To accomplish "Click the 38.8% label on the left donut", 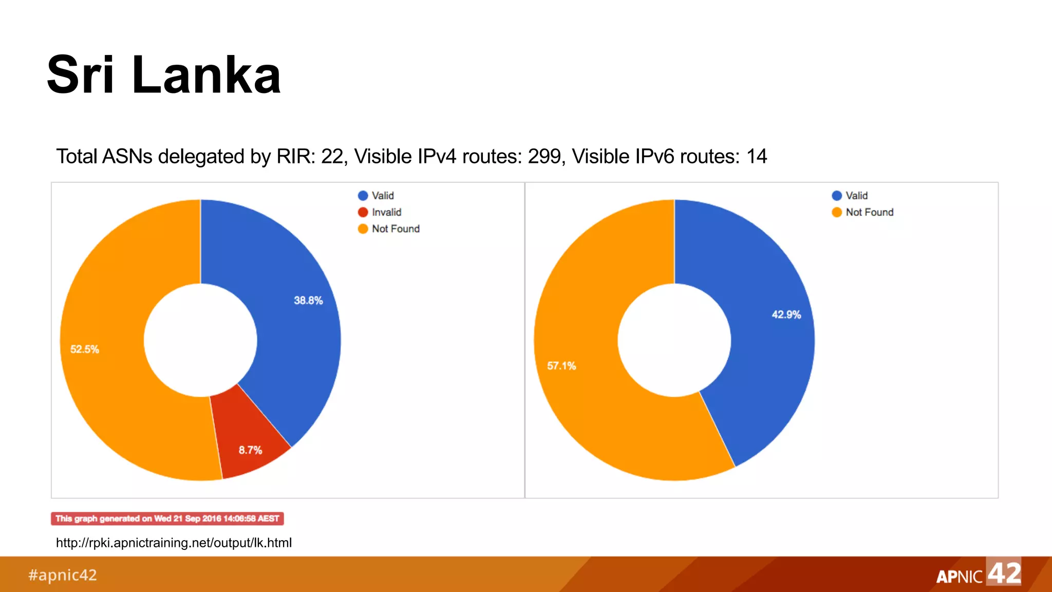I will (x=308, y=301).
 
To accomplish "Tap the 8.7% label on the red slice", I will (x=250, y=450).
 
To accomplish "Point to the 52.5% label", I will (x=85, y=349).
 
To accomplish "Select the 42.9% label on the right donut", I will (x=786, y=314).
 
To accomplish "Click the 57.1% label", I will (x=561, y=366).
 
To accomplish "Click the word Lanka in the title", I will (x=206, y=76).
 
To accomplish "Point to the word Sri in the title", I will (x=80, y=76).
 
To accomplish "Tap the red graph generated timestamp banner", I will (x=167, y=519).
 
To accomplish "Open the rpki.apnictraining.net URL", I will (x=174, y=543).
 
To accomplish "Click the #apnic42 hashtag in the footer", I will (x=63, y=575).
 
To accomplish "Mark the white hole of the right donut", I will (x=674, y=340).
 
